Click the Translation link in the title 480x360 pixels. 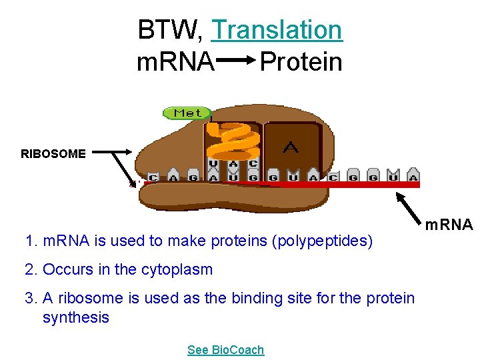pyautogui.click(x=277, y=30)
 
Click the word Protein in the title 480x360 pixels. pyautogui.click(x=301, y=62)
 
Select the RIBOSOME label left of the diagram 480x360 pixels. pyautogui.click(x=53, y=154)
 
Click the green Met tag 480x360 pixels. pyautogui.click(x=187, y=113)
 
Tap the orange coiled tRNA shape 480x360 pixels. pyautogui.click(x=230, y=141)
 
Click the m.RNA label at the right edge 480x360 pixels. pyautogui.click(x=449, y=225)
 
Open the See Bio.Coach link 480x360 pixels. pyautogui.click(x=225, y=350)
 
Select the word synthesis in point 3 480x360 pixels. pyautogui.click(x=75, y=317)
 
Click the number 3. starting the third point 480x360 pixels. pyautogui.click(x=30, y=299)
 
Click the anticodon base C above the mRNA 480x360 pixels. pyautogui.click(x=253, y=164)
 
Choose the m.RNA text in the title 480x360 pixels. pyautogui.click(x=175, y=62)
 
